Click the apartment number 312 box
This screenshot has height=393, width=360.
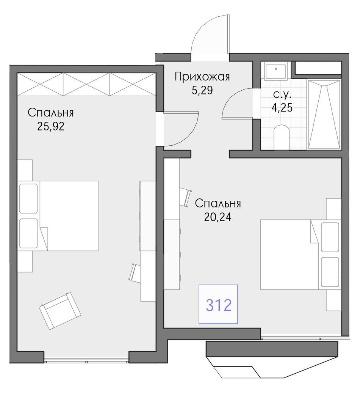tap(218, 304)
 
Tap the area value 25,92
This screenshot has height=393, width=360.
tap(51, 126)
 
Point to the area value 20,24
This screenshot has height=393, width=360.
tap(218, 217)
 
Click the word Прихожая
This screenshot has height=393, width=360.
tap(202, 77)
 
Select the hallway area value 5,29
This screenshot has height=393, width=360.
tap(202, 90)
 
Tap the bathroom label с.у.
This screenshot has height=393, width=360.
tap(282, 94)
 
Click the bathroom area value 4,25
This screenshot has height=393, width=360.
tap(282, 107)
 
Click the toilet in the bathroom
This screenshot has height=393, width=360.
tap(282, 137)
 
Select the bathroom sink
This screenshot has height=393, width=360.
tap(275, 71)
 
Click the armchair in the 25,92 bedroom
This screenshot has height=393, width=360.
tap(60, 311)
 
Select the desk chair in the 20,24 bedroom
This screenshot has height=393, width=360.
tap(186, 197)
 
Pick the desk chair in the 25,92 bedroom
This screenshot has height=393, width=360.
tap(135, 272)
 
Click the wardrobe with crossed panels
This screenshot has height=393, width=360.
tap(87, 84)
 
